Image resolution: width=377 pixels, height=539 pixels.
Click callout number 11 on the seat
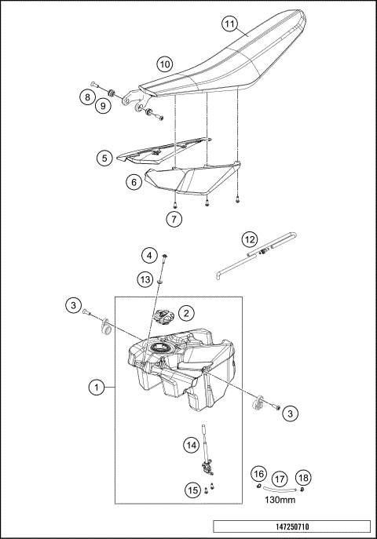pos(229,24)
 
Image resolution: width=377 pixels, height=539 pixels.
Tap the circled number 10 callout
pos(164,63)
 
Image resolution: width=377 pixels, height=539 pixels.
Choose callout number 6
pos(134,181)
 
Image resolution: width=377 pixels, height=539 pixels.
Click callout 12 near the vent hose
pos(249,239)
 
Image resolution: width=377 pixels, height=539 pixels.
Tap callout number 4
pos(148,255)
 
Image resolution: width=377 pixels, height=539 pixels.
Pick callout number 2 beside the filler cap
pos(186,312)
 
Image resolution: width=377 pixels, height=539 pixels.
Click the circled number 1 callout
pos(96,387)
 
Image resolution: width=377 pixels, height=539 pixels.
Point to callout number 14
pos(191,445)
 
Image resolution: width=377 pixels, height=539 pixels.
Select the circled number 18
pos(304,475)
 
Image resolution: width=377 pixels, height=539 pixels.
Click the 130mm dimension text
pos(280,498)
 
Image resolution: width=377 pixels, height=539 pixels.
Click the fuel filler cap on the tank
pos(166,319)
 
